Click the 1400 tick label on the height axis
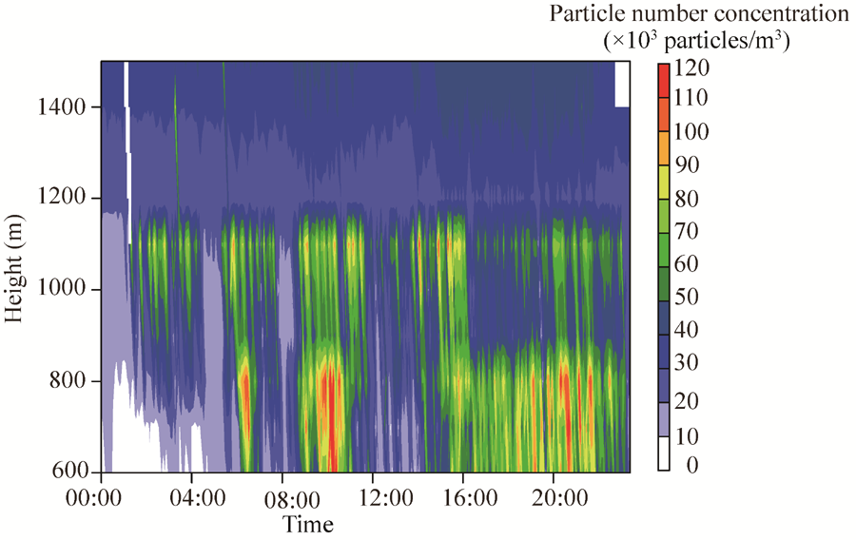(65, 107)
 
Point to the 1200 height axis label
(65, 199)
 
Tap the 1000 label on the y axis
(65, 289)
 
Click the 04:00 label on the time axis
(193, 497)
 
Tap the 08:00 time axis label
(283, 497)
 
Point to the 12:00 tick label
(374, 497)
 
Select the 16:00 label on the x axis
(465, 497)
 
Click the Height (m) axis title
(14, 268)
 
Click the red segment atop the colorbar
(664, 72)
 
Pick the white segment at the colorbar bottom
(664, 453)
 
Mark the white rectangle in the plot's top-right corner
(622, 84)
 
